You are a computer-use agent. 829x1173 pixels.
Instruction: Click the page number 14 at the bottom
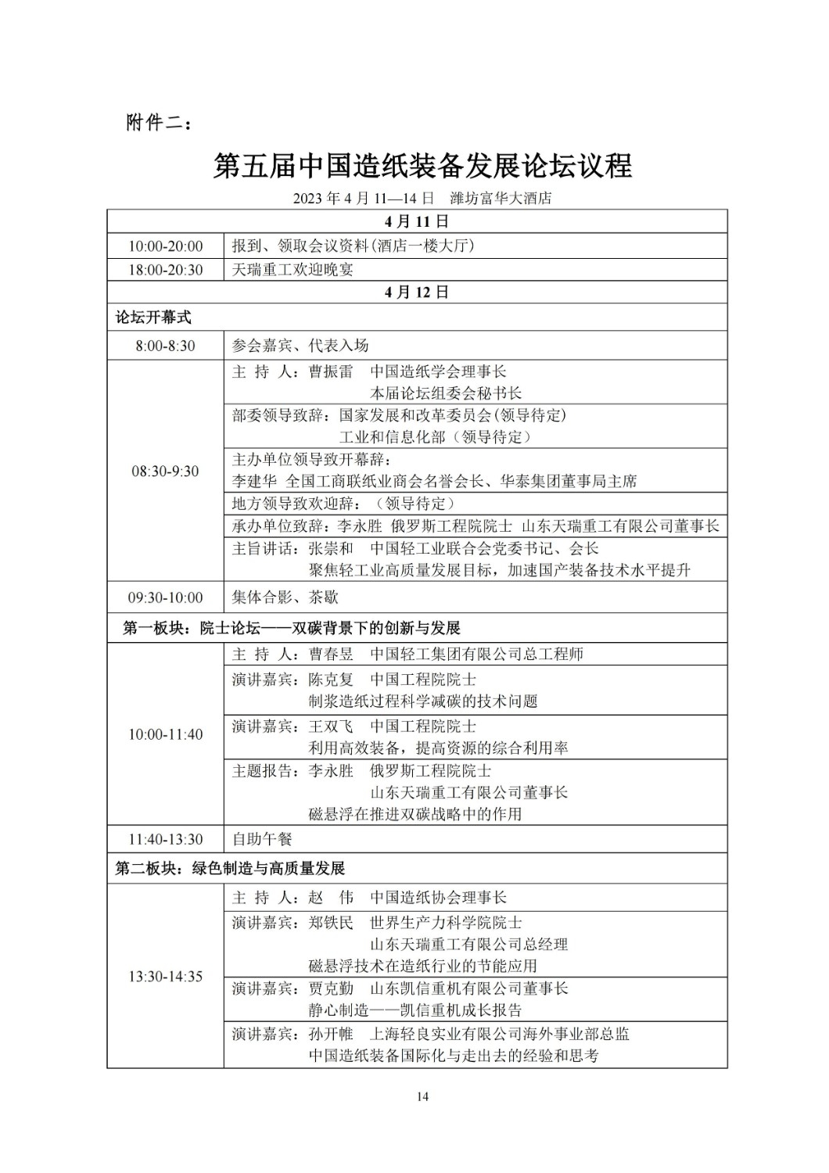coord(422,1096)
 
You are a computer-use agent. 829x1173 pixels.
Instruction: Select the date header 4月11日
coord(417,221)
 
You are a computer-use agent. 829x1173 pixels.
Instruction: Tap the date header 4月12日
coord(417,292)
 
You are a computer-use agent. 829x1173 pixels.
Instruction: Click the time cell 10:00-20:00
coord(166,246)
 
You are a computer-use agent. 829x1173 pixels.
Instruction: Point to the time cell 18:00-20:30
coord(166,270)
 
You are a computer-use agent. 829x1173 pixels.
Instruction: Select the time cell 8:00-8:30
coord(166,346)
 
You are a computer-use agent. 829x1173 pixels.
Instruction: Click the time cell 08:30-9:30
coord(166,471)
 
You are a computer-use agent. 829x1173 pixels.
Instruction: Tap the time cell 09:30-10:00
coord(166,597)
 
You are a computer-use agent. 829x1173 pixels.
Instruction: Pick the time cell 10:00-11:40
coord(166,734)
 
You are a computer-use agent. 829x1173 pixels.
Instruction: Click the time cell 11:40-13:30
coord(166,839)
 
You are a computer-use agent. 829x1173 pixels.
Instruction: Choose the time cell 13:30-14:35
coord(166,977)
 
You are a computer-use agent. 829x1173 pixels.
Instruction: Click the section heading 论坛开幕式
coord(153,317)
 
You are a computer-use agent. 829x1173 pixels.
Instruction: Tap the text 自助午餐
coord(262,839)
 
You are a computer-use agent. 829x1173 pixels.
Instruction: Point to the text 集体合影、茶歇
coord(285,597)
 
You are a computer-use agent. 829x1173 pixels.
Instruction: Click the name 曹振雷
coord(331,371)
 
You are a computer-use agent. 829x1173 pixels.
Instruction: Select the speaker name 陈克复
coord(331,680)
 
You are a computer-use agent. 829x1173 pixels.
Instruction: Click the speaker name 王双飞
coord(331,726)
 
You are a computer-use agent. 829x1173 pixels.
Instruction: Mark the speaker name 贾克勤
coord(331,988)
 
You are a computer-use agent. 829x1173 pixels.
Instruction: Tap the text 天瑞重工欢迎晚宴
coord(293,270)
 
